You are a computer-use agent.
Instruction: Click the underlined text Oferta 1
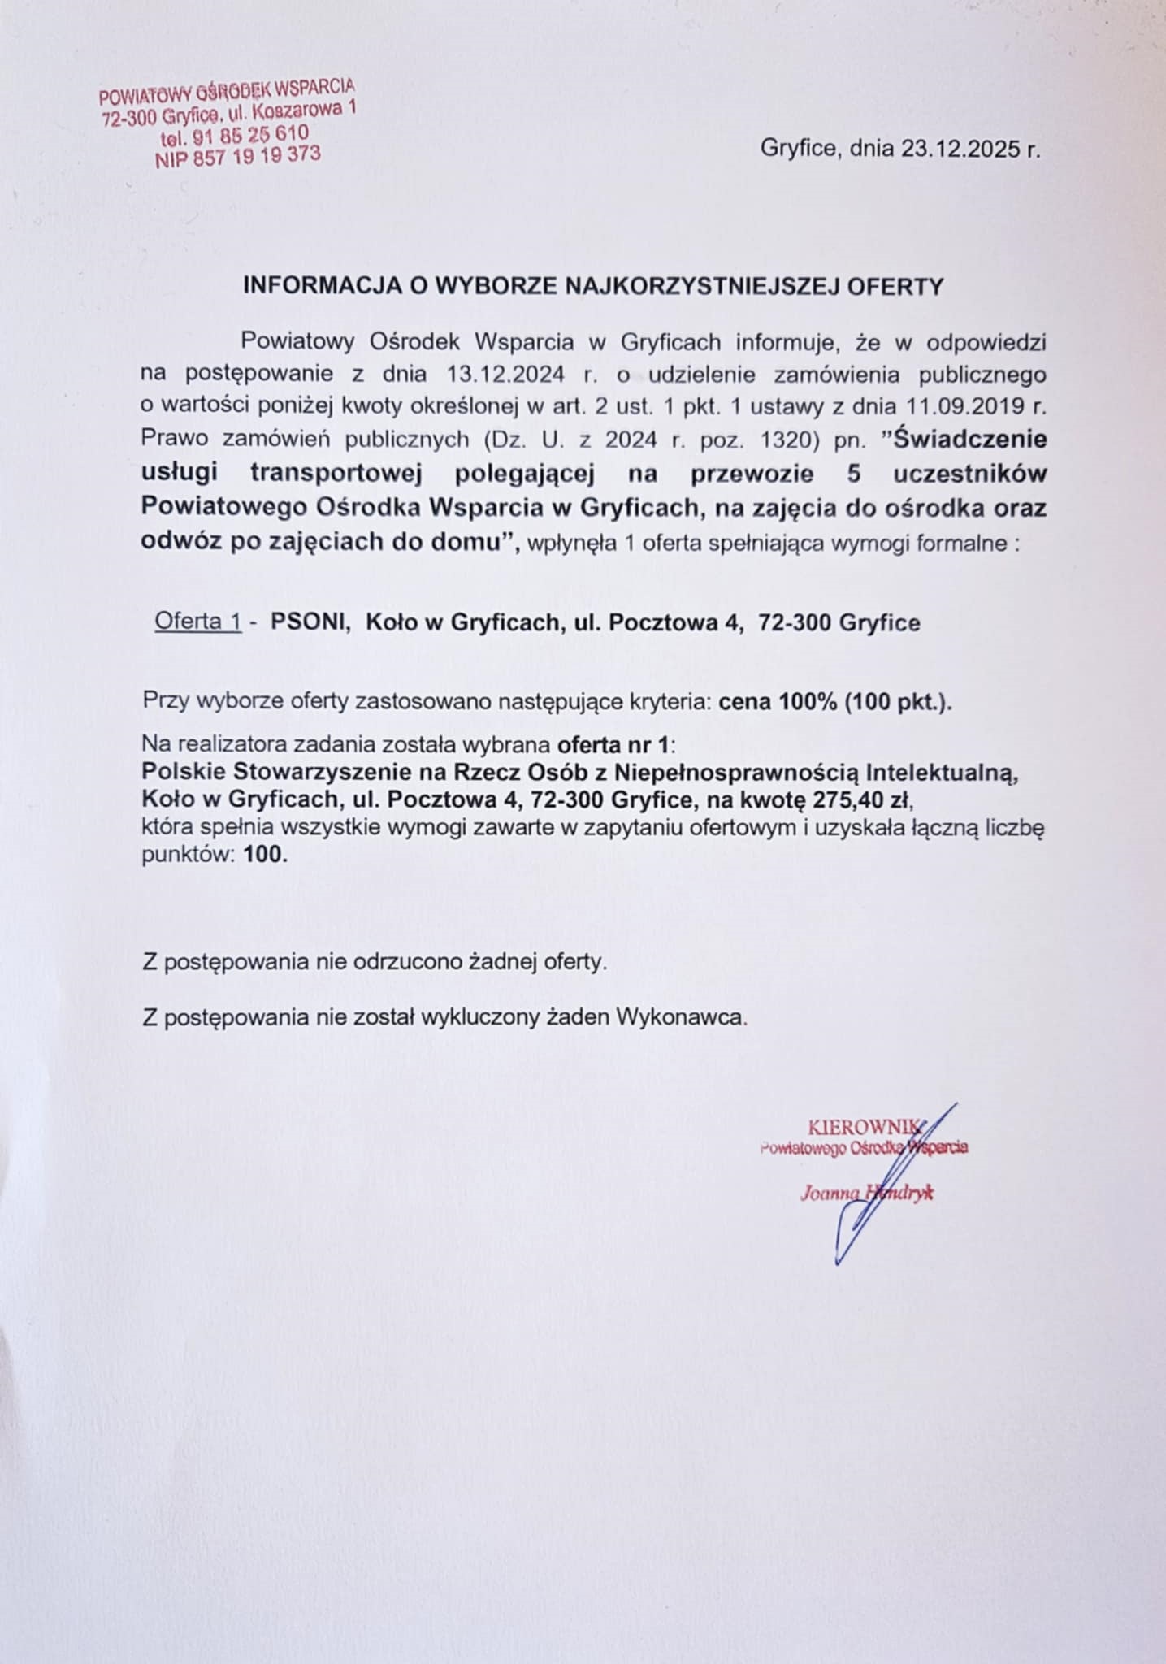[x=198, y=622]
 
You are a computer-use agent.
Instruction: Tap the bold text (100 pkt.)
[x=897, y=702]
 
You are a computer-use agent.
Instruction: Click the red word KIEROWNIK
[x=864, y=1127]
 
